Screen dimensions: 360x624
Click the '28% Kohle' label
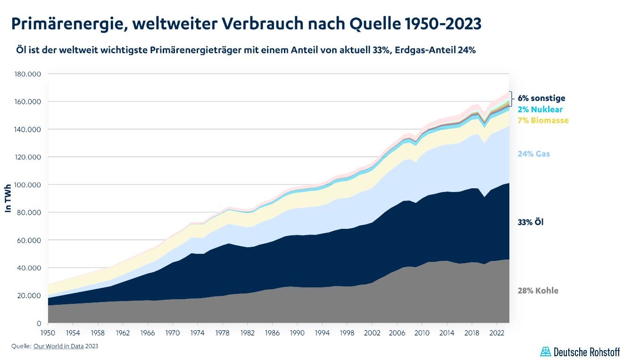pos(538,291)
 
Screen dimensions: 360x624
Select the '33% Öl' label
pos(530,222)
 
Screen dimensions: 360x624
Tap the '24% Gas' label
pos(533,154)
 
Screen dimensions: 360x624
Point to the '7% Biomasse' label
pos(543,120)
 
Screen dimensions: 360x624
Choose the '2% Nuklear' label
pos(540,109)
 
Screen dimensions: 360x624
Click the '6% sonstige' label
pos(541,98)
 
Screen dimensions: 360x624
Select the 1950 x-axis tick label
pos(48,332)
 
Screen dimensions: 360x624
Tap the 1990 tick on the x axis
pos(297,332)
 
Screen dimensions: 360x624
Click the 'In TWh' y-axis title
pos(8,198)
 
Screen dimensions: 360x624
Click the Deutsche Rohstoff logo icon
pos(545,352)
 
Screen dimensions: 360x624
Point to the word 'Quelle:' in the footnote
pos(21,346)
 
